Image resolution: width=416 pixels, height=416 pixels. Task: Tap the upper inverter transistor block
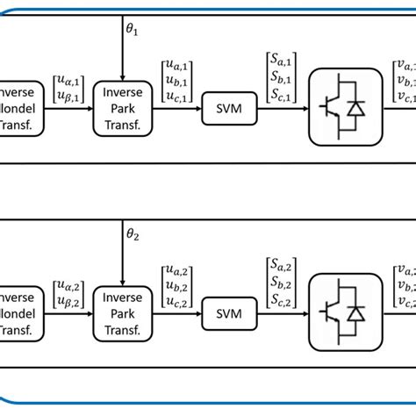341,109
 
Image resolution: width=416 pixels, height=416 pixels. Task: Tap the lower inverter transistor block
341,311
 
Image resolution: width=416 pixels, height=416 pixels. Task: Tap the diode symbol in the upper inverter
355,109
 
